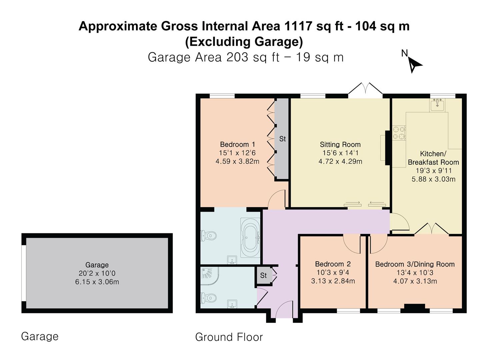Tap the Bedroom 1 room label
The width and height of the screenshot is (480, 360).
click(x=237, y=144)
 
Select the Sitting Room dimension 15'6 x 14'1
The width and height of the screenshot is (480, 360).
click(x=340, y=153)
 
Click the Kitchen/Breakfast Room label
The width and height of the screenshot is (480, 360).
click(x=433, y=158)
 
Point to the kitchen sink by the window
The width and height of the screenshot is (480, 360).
click(x=437, y=105)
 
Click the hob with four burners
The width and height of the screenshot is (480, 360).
click(x=399, y=132)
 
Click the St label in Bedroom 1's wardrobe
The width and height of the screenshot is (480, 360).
click(x=282, y=139)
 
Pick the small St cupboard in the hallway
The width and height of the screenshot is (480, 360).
click(x=263, y=275)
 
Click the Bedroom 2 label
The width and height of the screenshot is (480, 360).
click(x=333, y=264)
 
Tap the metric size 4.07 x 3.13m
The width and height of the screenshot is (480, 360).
click(x=415, y=281)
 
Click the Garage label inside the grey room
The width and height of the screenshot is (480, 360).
click(x=97, y=265)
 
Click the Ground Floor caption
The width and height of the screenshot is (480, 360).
click(x=229, y=337)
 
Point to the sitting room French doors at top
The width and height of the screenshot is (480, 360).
click(x=366, y=89)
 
